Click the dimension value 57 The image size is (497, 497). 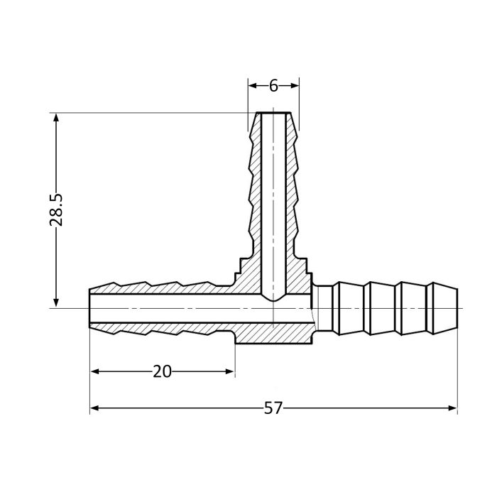click(273, 408)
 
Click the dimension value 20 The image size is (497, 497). click(163, 371)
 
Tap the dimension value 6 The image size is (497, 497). click(273, 85)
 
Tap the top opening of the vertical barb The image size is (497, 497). click(273, 114)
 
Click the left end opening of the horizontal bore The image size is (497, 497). click(90, 308)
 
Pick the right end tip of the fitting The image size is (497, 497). click(457, 308)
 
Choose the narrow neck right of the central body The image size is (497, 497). click(323, 308)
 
